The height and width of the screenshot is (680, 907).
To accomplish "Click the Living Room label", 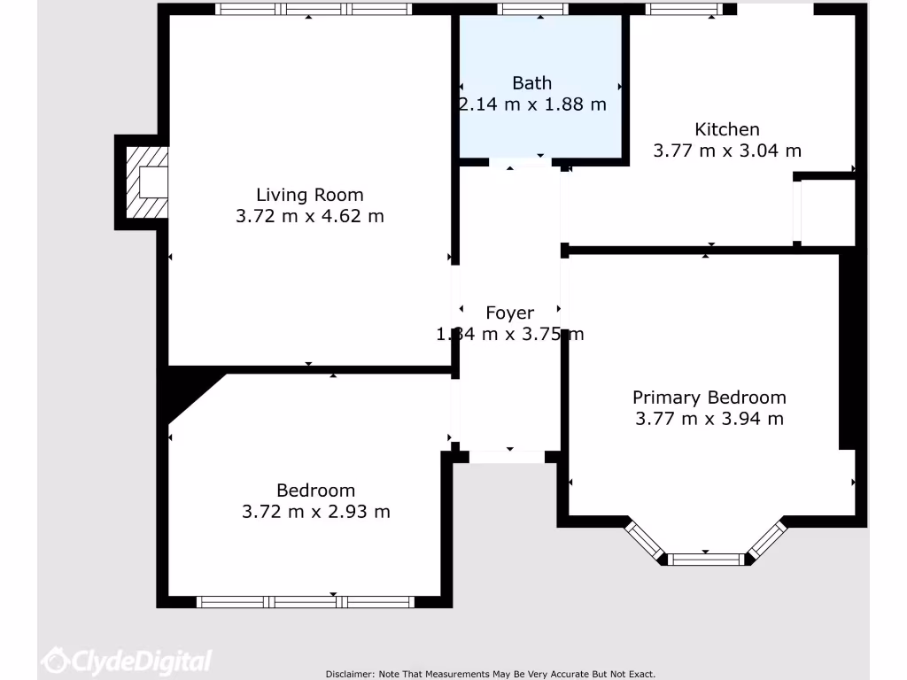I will (x=309, y=195).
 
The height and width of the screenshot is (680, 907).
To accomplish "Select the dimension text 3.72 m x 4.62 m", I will (x=309, y=216).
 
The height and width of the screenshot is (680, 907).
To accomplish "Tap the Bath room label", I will (x=531, y=83).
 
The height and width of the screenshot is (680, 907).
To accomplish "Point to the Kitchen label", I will (x=726, y=129).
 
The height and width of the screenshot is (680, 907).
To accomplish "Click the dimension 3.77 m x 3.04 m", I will (x=726, y=151).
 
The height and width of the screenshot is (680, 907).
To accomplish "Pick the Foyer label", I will (x=509, y=313).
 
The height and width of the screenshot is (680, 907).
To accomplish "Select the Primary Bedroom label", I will (x=709, y=398).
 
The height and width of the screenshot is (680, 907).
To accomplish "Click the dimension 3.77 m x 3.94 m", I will (x=709, y=419).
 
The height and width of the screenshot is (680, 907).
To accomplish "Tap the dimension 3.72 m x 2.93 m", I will (x=315, y=512).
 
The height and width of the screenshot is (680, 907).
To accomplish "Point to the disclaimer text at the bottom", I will (x=490, y=674).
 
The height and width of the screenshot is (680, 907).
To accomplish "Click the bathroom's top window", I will (x=532, y=9).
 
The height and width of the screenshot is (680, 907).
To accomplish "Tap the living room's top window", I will (x=314, y=9).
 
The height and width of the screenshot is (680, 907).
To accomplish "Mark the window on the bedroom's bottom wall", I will (x=306, y=602).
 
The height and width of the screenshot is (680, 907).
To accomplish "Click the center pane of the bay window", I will (x=706, y=559).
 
